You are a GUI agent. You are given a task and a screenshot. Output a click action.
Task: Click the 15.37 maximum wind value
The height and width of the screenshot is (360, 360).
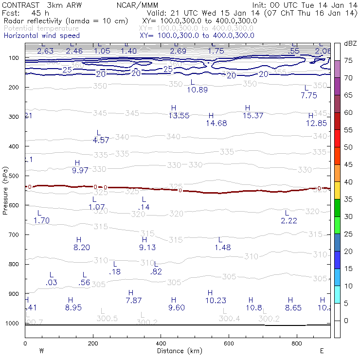[253, 115]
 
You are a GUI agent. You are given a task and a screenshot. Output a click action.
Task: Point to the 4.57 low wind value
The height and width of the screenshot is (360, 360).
[101, 140]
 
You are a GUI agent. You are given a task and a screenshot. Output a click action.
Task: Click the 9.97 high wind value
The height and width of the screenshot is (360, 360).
[80, 170]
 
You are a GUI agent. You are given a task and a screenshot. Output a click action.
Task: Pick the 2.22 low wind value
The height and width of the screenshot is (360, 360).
[289, 220]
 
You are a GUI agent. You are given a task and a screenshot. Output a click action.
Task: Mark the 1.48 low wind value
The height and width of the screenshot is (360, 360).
[222, 248]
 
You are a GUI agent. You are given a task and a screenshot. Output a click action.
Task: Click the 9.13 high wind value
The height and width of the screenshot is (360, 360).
[147, 247]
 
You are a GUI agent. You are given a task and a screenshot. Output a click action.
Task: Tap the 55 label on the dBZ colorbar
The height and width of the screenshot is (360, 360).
[348, 130]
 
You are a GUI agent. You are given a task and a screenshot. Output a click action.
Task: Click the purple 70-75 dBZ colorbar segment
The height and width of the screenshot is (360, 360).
[337, 69]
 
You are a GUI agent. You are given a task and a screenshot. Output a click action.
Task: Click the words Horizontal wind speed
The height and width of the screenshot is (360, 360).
[42, 36]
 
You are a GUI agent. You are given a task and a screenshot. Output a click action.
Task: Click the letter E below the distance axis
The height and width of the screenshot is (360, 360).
[322, 350]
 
